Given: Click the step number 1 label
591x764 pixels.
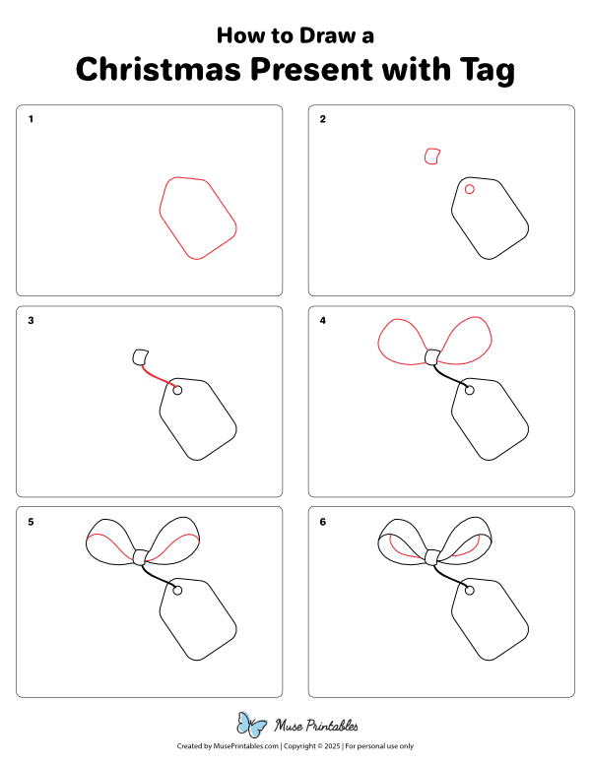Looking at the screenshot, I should [x=31, y=120].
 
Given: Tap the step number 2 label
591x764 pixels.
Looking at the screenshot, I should [x=322, y=120].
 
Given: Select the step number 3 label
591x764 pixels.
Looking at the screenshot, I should [x=31, y=321].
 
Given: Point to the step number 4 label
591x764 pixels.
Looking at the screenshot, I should [x=322, y=321].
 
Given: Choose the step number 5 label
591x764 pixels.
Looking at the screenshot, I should [x=31, y=522].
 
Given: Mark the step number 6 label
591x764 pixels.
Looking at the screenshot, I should [x=322, y=522].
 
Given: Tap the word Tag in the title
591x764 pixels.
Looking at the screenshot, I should [x=483, y=70].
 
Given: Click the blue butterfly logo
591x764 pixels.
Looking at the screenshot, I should [x=252, y=726].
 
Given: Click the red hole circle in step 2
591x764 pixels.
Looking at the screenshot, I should [x=470, y=189].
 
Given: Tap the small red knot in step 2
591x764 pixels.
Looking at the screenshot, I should [x=431, y=156].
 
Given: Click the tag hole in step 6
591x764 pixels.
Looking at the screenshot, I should [x=470, y=591].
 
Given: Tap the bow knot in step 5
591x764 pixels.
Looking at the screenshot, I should [x=140, y=557].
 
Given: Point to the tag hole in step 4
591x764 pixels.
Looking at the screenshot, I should [x=470, y=390].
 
